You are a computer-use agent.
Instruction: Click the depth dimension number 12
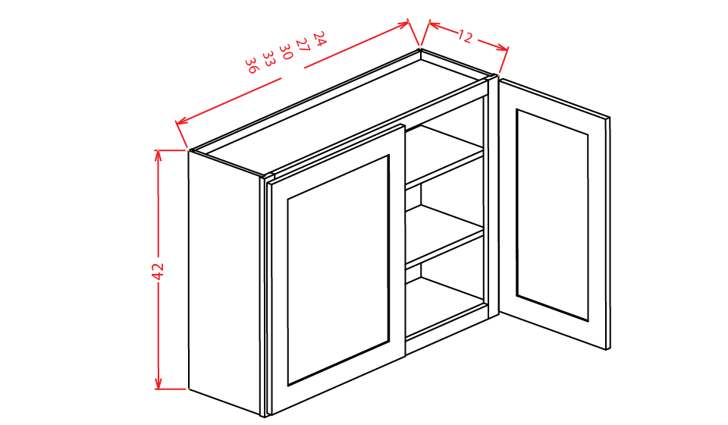pyautogui.click(x=466, y=36)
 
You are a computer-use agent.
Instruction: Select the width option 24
pyautogui.click(x=318, y=38)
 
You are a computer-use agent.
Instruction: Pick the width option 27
pyautogui.click(x=302, y=45)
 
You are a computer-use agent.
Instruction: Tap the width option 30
pyautogui.click(x=285, y=52)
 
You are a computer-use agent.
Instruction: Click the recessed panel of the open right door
pyautogui.click(x=552, y=214)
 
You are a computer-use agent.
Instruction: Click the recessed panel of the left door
pyautogui.click(x=338, y=269)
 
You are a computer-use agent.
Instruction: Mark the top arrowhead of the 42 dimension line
pyautogui.click(x=158, y=154)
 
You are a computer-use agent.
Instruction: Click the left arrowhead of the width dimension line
pyautogui.click(x=180, y=121)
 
